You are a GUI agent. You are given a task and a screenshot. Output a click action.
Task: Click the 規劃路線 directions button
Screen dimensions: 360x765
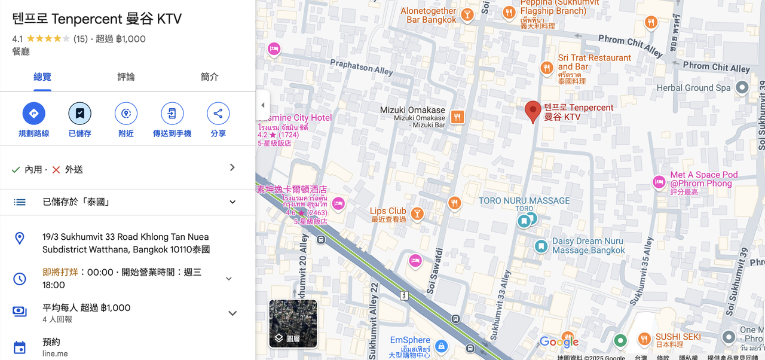34,114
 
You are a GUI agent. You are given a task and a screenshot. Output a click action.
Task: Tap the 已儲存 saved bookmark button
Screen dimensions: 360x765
79,114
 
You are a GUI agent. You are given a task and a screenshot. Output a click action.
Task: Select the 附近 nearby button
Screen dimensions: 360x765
126,114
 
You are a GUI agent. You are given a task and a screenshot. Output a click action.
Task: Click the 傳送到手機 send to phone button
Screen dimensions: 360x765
172,114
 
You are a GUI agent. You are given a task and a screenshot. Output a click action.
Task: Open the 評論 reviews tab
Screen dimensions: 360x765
126,77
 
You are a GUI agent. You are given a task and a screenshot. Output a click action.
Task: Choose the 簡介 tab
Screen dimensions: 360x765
210,77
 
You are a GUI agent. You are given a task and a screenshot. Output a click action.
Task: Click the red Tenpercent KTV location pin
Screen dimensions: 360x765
533,111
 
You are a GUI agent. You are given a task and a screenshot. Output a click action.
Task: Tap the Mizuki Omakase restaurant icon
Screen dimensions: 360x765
457,117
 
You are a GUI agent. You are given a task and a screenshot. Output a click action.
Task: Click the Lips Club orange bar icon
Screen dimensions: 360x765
417,213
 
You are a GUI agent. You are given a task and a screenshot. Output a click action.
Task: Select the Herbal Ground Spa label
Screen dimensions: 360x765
693,88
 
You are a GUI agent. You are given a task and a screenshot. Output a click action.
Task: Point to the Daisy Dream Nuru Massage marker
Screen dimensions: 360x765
541,246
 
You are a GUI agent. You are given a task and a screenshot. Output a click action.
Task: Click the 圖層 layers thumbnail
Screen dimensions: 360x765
293,324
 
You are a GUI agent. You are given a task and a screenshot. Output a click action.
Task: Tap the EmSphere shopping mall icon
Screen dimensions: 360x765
441,346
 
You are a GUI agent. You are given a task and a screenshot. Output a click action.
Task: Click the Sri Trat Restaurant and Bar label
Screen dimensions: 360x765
594,62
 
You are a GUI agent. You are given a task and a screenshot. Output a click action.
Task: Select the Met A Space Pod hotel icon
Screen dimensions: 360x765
659,182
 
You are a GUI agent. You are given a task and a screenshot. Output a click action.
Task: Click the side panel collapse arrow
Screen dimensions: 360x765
263,105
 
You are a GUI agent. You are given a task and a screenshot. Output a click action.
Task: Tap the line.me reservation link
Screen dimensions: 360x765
55,353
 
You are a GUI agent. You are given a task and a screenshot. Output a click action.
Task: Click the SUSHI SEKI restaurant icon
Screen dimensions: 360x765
644,339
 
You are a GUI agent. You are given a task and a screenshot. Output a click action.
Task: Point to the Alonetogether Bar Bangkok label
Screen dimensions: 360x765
429,16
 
